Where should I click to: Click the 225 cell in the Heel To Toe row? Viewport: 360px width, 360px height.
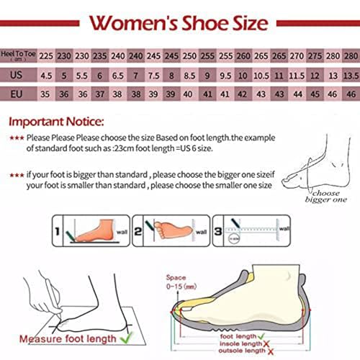[x=45, y=55]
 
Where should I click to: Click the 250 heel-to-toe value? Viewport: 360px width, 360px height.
[x=189, y=55]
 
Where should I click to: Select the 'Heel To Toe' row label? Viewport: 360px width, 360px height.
[x=19, y=55]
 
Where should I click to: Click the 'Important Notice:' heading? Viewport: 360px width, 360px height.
[x=56, y=122]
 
